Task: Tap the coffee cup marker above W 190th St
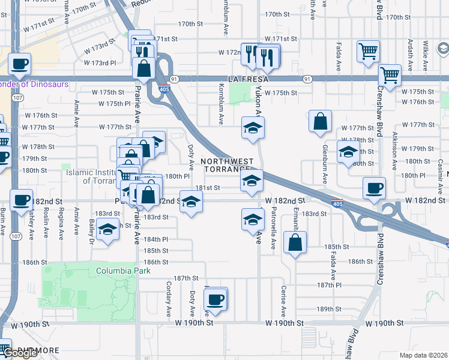click(x=215, y=299)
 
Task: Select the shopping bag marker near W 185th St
click(x=295, y=242)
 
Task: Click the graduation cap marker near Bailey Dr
click(x=108, y=230)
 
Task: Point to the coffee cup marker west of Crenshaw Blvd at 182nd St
click(x=374, y=188)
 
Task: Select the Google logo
click(x=20, y=353)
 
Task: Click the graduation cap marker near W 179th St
click(x=348, y=152)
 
